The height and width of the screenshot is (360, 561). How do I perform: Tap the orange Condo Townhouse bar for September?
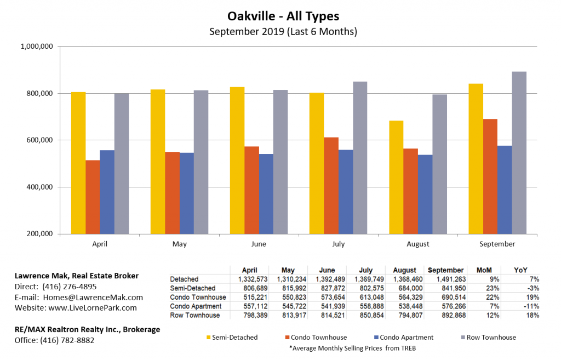tap(490, 176)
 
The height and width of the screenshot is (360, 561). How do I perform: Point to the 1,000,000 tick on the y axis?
tap(36, 47)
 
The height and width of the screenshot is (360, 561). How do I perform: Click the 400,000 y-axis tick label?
tap(36, 187)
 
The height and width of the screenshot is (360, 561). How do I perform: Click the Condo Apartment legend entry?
tap(405, 338)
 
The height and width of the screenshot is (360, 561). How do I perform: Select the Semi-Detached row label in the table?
tap(193, 288)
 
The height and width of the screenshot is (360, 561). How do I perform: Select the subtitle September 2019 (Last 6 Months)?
tap(283, 31)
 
